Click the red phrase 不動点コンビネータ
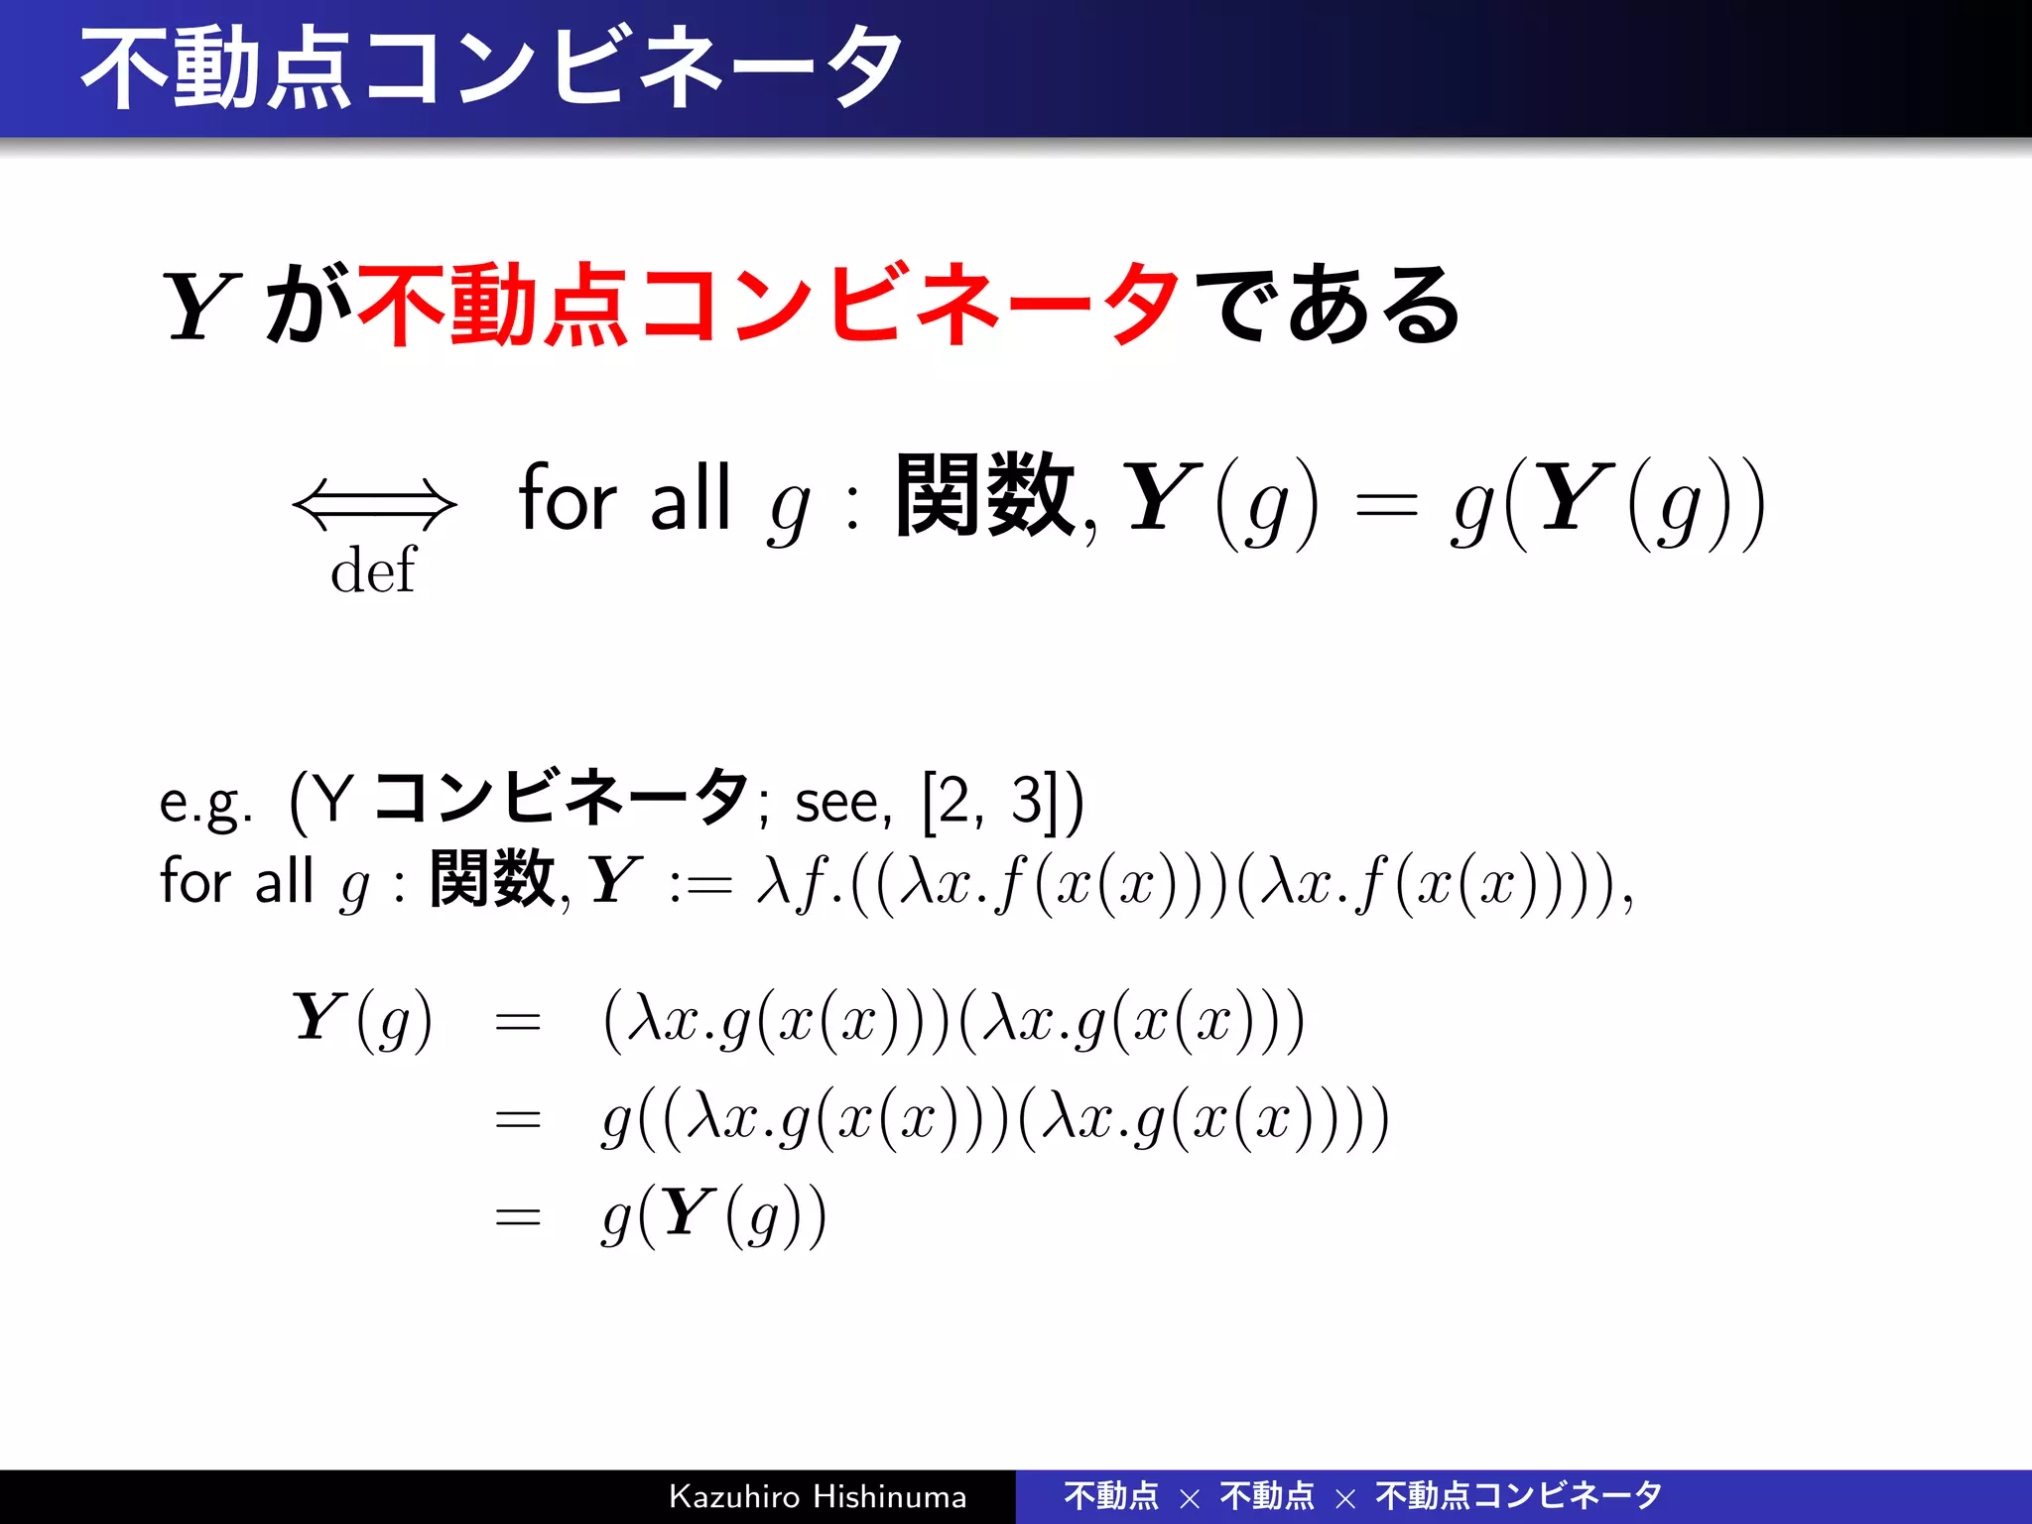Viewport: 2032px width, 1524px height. click(768, 304)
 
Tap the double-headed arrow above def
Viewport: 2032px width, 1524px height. click(374, 504)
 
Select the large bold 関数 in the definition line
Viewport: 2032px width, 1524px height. click(984, 495)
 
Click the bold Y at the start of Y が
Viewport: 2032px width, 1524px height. click(201, 307)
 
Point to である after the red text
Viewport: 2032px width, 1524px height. click(1328, 304)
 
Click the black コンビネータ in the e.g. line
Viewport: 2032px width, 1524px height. click(561, 798)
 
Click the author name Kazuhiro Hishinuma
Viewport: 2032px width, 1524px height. click(818, 1496)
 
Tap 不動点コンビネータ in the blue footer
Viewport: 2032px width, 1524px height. click(1518, 1495)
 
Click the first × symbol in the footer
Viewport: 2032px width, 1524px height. click(1190, 1498)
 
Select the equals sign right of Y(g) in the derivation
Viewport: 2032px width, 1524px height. click(518, 1022)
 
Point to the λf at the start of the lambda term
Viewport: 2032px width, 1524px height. click(790, 881)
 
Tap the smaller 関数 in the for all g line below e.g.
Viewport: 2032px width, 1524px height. click(492, 879)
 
